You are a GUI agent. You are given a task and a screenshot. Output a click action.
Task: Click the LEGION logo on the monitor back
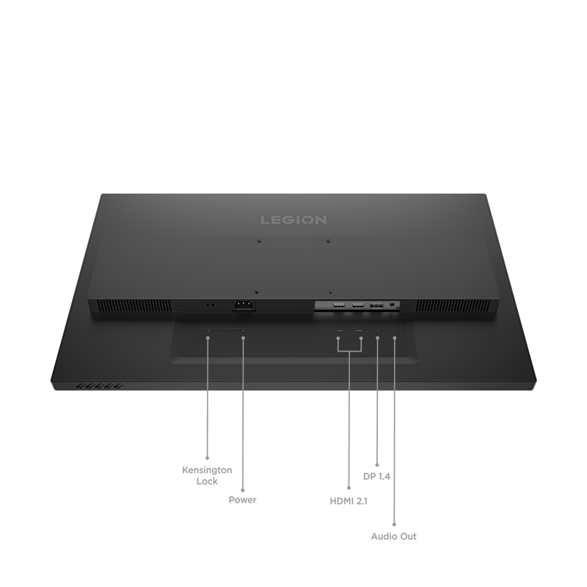pyautogui.click(x=293, y=219)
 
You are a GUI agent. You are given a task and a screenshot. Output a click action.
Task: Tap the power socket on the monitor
pyautogui.click(x=244, y=305)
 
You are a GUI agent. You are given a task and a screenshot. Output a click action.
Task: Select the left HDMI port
pyautogui.click(x=339, y=305)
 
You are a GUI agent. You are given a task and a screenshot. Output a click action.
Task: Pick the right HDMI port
pyautogui.click(x=357, y=305)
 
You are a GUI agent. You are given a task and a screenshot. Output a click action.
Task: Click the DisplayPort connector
pyautogui.click(x=376, y=306)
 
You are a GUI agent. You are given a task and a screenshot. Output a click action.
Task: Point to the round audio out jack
pyautogui.click(x=392, y=305)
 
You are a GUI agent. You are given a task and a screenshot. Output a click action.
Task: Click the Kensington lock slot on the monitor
pyautogui.click(x=210, y=305)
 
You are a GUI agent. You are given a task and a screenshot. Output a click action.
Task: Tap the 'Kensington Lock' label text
pyautogui.click(x=207, y=475)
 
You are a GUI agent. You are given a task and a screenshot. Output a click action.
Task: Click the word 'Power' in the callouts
pyautogui.click(x=243, y=500)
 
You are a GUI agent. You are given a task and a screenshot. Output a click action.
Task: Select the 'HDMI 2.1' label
pyautogui.click(x=349, y=501)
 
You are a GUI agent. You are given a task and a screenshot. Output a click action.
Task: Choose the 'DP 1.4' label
pyautogui.click(x=376, y=476)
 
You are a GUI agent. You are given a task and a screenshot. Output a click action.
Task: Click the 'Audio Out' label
pyautogui.click(x=394, y=536)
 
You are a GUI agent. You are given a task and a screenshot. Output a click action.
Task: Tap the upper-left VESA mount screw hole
pyautogui.click(x=259, y=241)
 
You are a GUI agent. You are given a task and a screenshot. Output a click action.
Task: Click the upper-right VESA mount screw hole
pyautogui.click(x=328, y=241)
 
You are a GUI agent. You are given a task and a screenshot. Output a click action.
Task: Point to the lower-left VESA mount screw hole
pyautogui.click(x=256, y=292)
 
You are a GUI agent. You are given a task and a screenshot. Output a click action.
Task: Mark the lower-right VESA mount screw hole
pyautogui.click(x=329, y=292)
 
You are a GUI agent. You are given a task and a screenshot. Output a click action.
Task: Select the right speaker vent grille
pyautogui.click(x=453, y=305)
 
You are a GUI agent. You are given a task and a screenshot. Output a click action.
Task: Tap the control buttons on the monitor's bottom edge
pyautogui.click(x=99, y=386)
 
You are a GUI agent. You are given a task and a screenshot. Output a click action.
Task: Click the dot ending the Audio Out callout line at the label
pyautogui.click(x=394, y=525)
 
